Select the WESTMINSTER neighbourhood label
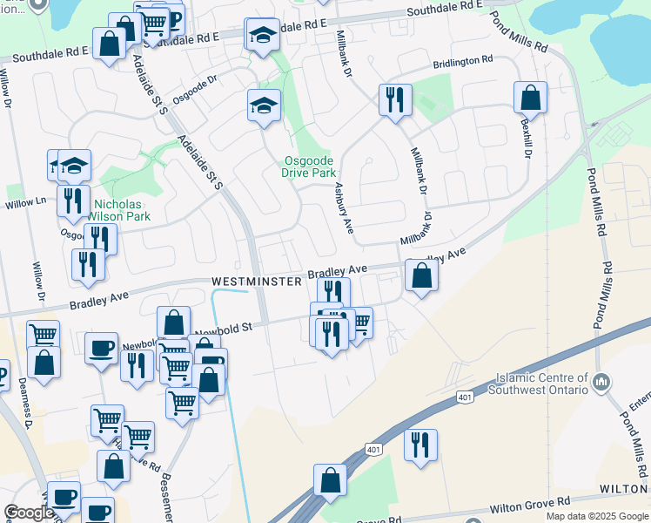256,282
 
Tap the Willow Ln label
25,202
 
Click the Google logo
29,513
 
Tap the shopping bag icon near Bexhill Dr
530,98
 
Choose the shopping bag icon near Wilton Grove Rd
330,479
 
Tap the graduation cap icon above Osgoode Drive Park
264,105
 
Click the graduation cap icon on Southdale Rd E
263,35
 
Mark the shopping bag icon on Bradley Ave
421,275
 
